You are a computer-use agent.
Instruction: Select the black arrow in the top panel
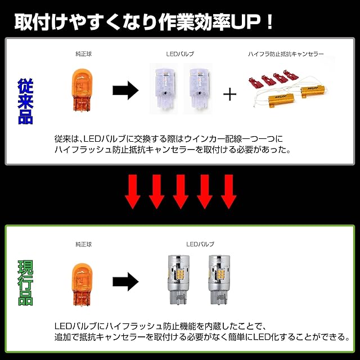click(125, 90)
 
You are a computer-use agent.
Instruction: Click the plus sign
click(229, 93)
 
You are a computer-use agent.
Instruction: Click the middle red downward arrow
click(180, 190)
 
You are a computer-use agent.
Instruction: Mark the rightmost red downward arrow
click(227, 190)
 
